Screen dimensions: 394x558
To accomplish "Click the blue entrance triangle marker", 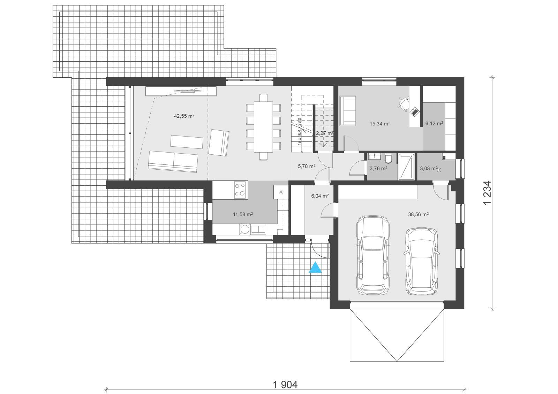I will click(x=315, y=268).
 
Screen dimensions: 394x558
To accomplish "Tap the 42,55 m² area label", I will click(x=184, y=116).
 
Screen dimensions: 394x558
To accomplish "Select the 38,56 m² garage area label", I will click(x=418, y=215).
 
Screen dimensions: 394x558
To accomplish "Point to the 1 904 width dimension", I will click(x=285, y=385).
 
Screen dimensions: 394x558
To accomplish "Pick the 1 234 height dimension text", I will click(x=487, y=192).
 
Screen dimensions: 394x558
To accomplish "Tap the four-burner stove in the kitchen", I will click(x=240, y=190).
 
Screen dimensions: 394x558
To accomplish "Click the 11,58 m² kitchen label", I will click(x=243, y=215).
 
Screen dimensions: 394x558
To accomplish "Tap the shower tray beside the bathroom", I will click(x=406, y=167).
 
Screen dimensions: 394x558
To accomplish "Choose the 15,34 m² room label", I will click(x=379, y=123).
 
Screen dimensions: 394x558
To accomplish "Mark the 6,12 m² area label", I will click(x=434, y=123).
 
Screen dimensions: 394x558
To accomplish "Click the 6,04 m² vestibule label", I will click(x=319, y=196).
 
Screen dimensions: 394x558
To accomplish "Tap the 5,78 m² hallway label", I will click(x=307, y=167).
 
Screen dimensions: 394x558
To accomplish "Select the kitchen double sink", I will click(x=258, y=229).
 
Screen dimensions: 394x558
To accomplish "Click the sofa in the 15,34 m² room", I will click(x=348, y=110).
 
